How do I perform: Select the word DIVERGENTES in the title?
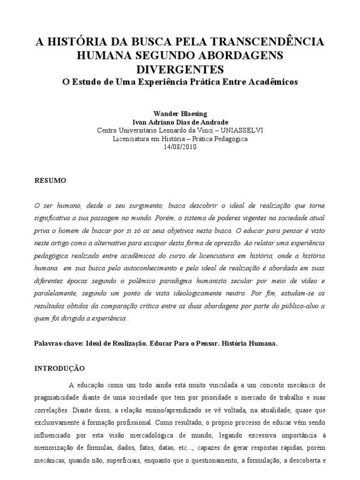pyautogui.click(x=180, y=69)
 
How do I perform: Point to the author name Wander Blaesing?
pyautogui.click(x=180, y=114)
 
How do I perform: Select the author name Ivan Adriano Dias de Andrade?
pyautogui.click(x=180, y=122)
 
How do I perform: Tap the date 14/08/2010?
pyautogui.click(x=180, y=147)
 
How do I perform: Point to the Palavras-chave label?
pyautogui.click(x=59, y=343)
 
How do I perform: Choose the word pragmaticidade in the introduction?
pyautogui.click(x=60, y=397)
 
